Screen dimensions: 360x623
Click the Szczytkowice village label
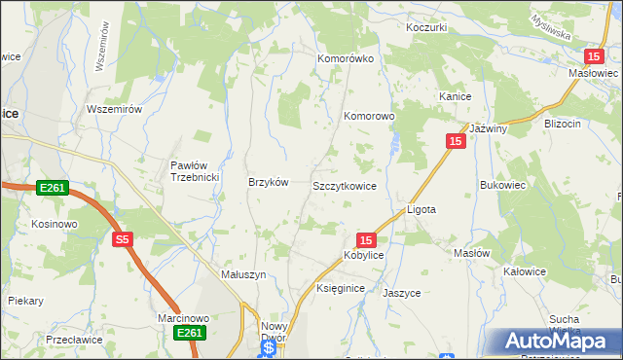tap(345, 185)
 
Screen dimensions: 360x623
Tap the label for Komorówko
tap(346, 58)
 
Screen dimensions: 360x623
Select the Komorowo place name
tap(369, 116)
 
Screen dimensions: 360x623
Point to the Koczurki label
tap(427, 27)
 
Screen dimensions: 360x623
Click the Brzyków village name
tap(269, 182)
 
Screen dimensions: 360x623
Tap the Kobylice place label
tap(363, 255)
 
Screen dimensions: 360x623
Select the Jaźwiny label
tap(489, 128)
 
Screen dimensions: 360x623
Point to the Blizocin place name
tap(563, 124)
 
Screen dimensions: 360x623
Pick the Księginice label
tap(341, 289)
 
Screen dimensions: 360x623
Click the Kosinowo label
tap(54, 224)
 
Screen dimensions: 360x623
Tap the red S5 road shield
tap(122, 238)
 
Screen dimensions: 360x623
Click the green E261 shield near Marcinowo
tap(190, 334)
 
